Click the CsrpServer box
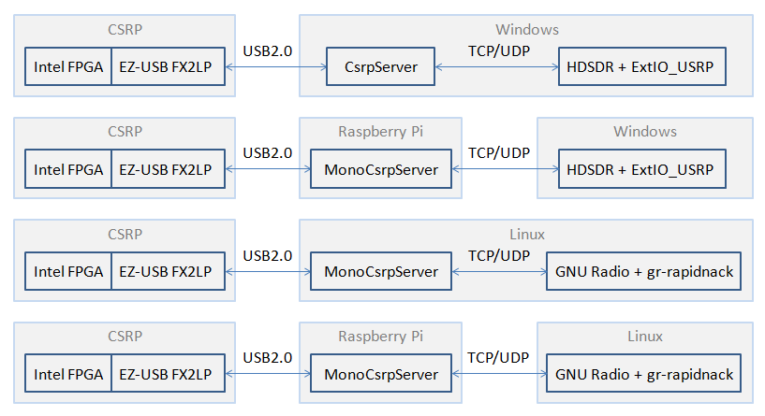coord(380,66)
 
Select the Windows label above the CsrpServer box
coord(527,30)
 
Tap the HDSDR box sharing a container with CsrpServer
coord(642,66)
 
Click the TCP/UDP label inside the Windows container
coord(499,51)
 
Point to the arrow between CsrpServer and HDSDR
coord(496,67)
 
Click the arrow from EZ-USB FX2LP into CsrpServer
coord(275,67)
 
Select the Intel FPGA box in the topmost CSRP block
coord(68,66)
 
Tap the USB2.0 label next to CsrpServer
coord(268,51)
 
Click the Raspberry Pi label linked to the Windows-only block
coord(380,132)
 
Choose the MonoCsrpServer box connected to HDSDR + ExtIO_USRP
coord(381,169)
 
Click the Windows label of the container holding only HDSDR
coord(645,132)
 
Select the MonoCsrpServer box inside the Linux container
coord(381,271)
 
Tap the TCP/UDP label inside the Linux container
coord(499,256)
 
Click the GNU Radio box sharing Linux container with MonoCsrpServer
coord(643,271)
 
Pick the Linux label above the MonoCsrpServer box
coord(527,235)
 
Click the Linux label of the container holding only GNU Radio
coord(645,337)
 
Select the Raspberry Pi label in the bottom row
coord(380,337)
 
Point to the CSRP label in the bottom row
coord(125,337)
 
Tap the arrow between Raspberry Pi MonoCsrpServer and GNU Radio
coord(499,374)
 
